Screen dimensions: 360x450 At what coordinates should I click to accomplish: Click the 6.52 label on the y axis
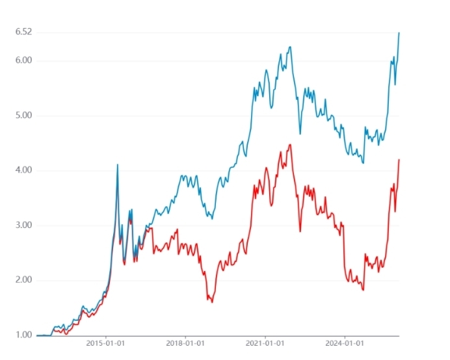(23, 32)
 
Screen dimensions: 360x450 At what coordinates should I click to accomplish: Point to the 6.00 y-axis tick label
(23, 60)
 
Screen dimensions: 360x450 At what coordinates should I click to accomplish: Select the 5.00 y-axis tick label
(23, 116)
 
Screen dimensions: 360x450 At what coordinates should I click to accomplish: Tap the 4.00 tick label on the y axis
(23, 170)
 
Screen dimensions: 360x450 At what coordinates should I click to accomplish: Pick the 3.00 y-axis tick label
(23, 225)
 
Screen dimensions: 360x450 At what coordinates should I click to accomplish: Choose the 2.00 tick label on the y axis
(23, 280)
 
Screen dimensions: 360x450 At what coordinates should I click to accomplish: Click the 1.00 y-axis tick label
(23, 335)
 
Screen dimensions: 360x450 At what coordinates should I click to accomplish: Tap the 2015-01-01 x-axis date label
(105, 342)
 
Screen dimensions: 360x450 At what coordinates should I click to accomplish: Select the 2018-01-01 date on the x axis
(185, 342)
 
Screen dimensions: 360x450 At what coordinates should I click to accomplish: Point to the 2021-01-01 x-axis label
(265, 342)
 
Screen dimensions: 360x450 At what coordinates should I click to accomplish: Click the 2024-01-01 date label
(344, 342)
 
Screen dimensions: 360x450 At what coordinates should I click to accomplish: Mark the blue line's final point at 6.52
(399, 32)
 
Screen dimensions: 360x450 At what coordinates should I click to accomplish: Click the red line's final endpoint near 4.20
(399, 160)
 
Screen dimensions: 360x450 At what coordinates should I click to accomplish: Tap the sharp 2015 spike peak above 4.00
(118, 164)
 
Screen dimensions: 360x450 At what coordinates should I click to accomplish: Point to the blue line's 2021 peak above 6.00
(290, 47)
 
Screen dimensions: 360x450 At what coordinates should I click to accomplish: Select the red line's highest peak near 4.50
(290, 144)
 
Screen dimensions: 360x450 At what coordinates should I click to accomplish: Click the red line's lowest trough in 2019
(212, 302)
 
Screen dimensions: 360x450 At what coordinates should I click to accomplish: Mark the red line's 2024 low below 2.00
(363, 290)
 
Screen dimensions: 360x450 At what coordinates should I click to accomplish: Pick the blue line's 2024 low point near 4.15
(363, 162)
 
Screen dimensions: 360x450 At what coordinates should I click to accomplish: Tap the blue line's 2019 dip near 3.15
(212, 218)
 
